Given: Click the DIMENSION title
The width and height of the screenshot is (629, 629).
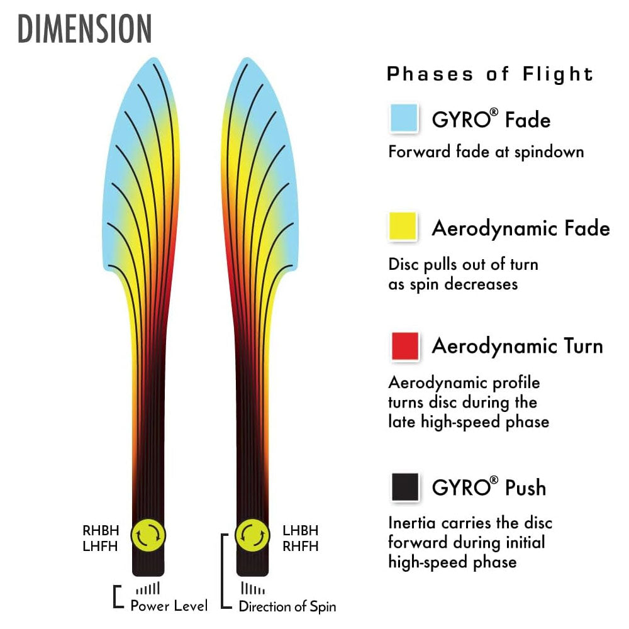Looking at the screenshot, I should coord(85,28).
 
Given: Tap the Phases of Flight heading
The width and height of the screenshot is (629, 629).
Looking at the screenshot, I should coord(490,74).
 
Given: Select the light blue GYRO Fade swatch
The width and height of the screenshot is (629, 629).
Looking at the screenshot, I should coord(404,118).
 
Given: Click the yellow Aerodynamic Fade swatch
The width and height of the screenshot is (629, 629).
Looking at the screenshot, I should coord(404,226).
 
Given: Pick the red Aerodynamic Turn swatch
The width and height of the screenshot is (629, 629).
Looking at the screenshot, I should coord(405,346).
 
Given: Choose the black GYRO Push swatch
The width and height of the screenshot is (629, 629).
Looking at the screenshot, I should coord(405,487).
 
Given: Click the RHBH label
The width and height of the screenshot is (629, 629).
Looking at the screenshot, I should coord(101,531).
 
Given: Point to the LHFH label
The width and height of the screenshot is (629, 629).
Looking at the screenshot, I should coord(101,546).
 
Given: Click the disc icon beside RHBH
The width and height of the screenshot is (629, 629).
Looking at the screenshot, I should coord(148,535).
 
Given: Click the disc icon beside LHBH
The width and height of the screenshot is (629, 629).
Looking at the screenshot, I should coord(252,535).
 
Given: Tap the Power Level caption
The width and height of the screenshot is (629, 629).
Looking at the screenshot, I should coord(169,606).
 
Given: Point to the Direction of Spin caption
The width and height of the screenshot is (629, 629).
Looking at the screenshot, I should coord(287,606).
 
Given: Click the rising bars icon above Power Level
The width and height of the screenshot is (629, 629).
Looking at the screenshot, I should coord(149,589).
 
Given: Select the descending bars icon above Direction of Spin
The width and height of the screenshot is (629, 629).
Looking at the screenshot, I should coord(253,589).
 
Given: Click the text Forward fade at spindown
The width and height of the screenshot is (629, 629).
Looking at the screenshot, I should coord(486,152).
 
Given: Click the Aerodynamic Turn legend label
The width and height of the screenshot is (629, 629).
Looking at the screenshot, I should coord(517,347).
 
